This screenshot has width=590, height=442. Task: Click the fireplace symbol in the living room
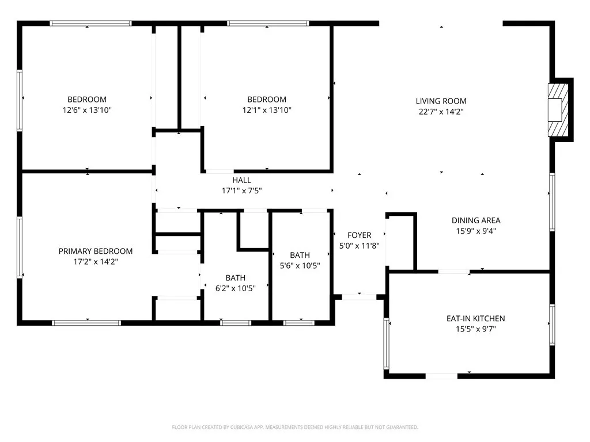556,109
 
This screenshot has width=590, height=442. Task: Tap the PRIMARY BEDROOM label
96,251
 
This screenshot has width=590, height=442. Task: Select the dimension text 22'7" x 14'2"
441,112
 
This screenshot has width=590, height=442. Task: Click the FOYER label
359,235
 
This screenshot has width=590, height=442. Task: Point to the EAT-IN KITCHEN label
475,318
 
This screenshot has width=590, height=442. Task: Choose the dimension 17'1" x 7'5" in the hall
241,190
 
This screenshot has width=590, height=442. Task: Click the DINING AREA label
475,220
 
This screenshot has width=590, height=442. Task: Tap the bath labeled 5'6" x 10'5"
300,255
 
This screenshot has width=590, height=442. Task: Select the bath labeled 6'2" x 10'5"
235,277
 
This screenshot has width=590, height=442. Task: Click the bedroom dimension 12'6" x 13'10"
87,110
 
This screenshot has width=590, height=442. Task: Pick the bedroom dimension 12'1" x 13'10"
266,110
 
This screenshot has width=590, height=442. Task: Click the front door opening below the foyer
360,297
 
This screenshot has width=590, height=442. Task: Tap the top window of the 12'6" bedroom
90,24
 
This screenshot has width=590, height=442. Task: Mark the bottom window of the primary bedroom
86,322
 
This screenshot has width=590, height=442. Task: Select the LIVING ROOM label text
441,101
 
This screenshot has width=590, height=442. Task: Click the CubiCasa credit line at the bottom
294,427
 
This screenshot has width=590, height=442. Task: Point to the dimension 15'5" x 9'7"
475,329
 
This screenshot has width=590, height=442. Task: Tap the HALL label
241,180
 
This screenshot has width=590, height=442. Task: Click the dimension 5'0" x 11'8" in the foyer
359,246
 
